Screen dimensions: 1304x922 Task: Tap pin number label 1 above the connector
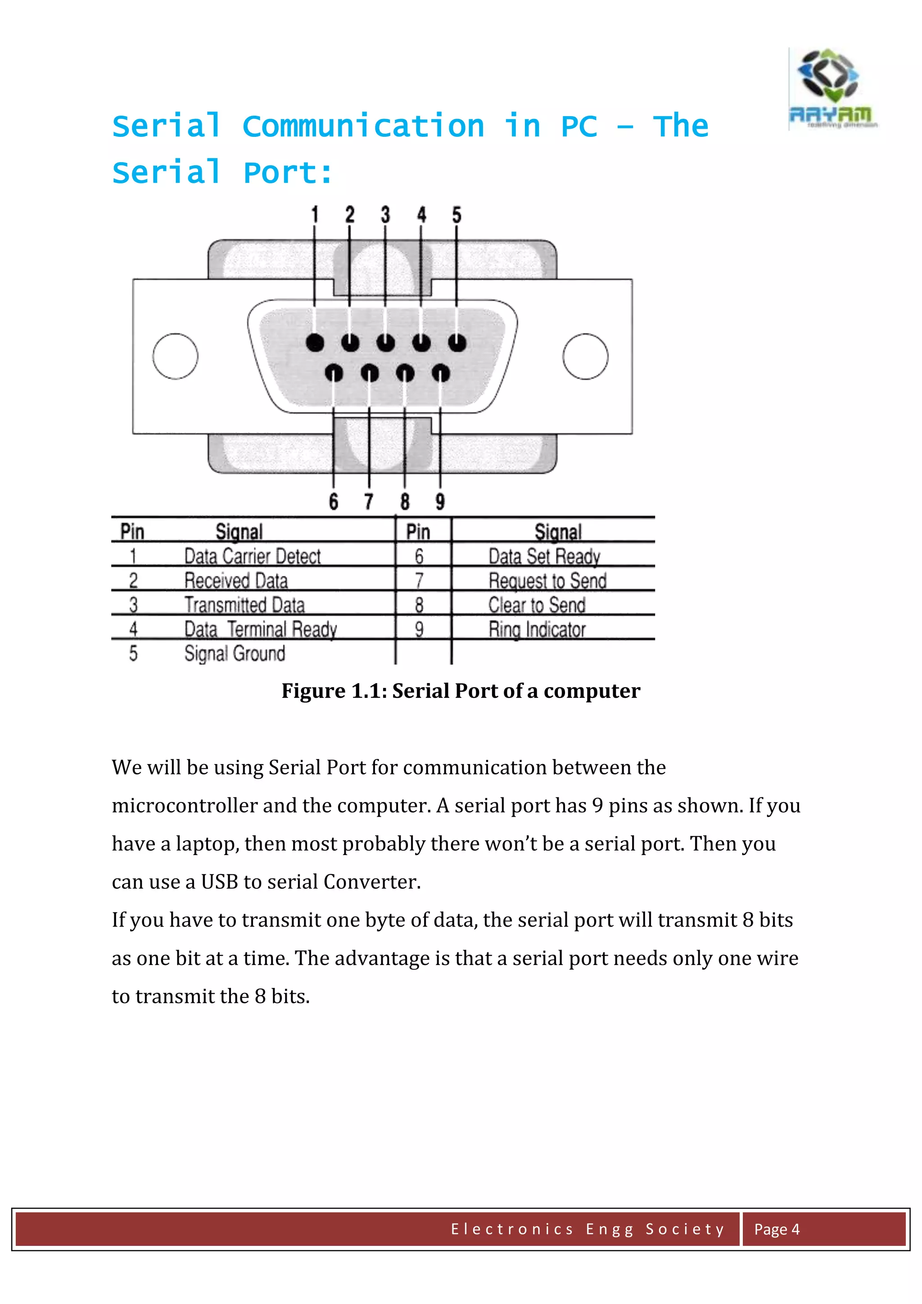(x=315, y=215)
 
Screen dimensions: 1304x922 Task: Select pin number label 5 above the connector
(x=456, y=215)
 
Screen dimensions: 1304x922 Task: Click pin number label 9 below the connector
(x=440, y=502)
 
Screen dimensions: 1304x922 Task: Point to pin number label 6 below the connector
(x=333, y=502)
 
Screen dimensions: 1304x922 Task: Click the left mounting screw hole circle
(x=176, y=356)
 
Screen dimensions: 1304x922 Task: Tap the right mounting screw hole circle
(x=585, y=356)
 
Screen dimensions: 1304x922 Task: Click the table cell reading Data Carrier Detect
(x=252, y=556)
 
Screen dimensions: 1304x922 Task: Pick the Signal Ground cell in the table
(x=235, y=654)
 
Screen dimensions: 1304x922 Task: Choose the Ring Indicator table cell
(x=537, y=629)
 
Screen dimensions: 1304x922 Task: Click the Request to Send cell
(x=547, y=580)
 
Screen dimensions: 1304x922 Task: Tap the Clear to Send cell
(x=537, y=605)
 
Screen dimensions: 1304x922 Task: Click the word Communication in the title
(x=363, y=126)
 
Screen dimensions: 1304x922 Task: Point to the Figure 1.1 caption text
(x=461, y=691)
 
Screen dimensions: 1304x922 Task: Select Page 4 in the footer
(x=776, y=1229)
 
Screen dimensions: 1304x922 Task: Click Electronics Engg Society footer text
(x=588, y=1229)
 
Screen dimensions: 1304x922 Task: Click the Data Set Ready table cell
(x=544, y=556)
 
